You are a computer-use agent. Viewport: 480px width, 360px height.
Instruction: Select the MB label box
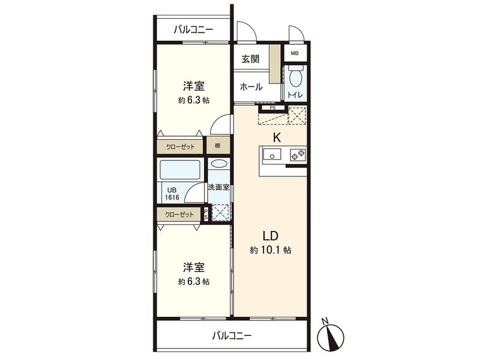click(x=294, y=53)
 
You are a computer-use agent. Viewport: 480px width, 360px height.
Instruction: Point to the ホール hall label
click(x=251, y=87)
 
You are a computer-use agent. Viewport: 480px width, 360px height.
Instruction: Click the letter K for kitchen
click(x=277, y=137)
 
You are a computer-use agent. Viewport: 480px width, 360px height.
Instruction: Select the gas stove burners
click(x=298, y=156)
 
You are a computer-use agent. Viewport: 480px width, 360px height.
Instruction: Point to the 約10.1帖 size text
click(x=271, y=250)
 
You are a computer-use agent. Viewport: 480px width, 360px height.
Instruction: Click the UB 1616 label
click(x=173, y=193)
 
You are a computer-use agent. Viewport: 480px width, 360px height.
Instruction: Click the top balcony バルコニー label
click(x=194, y=28)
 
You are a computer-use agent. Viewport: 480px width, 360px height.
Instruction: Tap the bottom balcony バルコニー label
click(x=232, y=336)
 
